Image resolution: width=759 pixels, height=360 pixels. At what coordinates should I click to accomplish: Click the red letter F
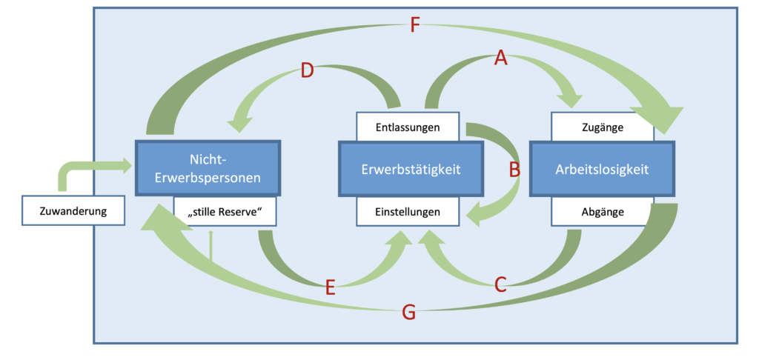tap(415, 27)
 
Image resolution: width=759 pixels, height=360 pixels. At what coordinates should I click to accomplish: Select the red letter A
tap(501, 58)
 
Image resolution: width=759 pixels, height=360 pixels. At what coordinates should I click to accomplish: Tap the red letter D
tap(308, 71)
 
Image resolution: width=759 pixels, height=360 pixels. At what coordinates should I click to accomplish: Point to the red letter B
tap(514, 170)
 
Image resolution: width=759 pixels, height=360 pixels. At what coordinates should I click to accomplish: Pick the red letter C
tap(501, 284)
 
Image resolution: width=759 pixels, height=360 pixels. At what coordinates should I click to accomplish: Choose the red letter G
tap(408, 312)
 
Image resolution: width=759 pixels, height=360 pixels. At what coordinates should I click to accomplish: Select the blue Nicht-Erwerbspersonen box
tap(208, 169)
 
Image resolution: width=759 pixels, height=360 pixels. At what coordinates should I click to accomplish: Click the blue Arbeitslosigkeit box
tap(602, 169)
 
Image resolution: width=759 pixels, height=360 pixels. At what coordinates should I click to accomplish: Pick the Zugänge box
tap(602, 127)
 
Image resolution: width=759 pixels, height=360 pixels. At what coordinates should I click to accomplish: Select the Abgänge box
tap(602, 212)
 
